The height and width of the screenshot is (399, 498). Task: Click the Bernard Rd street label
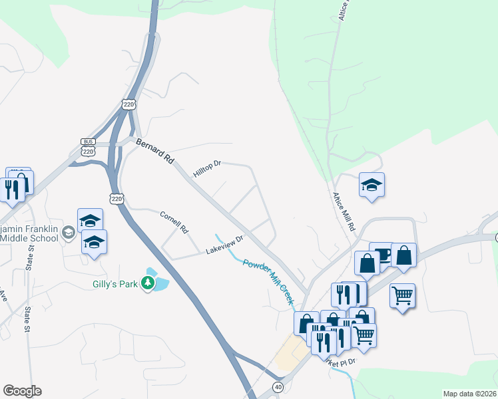[x=155, y=151]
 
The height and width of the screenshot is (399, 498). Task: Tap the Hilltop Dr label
[x=206, y=169]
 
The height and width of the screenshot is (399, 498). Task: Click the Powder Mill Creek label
[x=268, y=282]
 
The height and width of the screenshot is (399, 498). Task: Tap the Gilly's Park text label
[x=115, y=285]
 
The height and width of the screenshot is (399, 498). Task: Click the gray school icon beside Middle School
[x=68, y=233]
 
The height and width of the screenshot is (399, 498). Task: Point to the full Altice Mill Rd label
[x=344, y=212]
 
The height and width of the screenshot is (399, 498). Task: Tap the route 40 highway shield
[x=277, y=386]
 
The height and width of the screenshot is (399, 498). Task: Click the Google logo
[x=22, y=391]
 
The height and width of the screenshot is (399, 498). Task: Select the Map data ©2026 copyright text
[x=469, y=394]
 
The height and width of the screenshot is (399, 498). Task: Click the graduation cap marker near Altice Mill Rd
[x=372, y=186]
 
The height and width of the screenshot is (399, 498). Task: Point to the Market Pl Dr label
[x=341, y=362]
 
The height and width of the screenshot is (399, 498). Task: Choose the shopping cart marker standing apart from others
[x=402, y=295]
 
